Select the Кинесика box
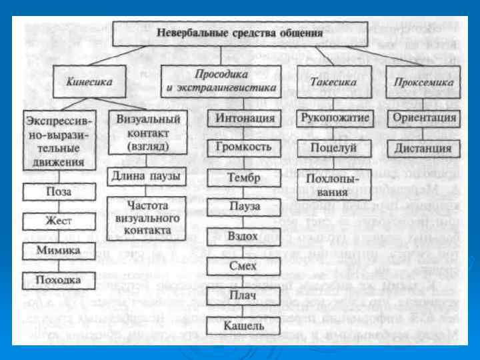click(89, 83)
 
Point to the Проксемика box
click(424, 83)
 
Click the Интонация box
click(245, 119)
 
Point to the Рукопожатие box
click(331, 118)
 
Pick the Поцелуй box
click(331, 148)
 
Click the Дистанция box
click(424, 148)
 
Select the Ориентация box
click(424, 118)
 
